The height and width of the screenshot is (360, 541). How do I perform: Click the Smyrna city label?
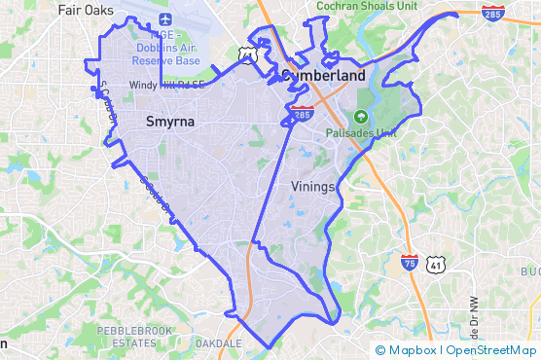[x=169, y=122]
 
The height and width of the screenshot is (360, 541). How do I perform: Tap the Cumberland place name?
[x=323, y=75]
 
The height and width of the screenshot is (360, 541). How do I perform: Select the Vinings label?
[x=312, y=185]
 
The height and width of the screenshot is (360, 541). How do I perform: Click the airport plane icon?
[x=163, y=19]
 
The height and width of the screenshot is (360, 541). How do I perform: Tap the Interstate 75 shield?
[x=411, y=262]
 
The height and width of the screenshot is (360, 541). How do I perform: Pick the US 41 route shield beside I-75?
[x=436, y=264]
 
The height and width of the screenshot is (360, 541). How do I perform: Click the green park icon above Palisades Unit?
[x=360, y=117]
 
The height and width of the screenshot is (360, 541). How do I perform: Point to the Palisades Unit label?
[x=362, y=133]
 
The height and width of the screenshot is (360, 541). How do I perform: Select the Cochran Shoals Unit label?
[x=366, y=6]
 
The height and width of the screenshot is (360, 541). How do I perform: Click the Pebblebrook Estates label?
[x=132, y=337]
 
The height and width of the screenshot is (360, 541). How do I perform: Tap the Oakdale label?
[x=218, y=343]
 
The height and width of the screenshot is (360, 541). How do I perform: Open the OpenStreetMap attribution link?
[x=491, y=350]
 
